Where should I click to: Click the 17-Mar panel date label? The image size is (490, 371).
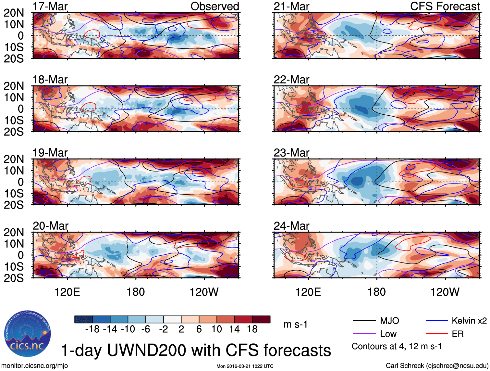50,6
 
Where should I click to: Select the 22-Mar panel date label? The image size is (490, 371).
291,80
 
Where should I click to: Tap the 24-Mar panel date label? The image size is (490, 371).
291,226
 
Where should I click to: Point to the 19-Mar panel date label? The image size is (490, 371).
50,153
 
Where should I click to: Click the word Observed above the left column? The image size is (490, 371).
214,6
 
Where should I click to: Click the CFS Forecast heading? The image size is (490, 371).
445,6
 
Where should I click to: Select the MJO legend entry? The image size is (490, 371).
389,321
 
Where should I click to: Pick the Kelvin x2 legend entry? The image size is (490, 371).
469,321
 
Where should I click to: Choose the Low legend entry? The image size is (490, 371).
388,334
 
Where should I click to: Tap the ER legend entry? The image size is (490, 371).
458,334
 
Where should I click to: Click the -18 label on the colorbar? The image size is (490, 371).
92,329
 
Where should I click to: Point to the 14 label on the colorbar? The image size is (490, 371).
234,329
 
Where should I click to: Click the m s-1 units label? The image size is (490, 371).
295,325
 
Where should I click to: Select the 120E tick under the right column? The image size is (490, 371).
308,292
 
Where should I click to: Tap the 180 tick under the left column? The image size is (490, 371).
135,292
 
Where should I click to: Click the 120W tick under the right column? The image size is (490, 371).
445,292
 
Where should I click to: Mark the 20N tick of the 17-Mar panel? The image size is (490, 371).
14,13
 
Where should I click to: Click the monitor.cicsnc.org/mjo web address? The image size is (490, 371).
35,366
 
